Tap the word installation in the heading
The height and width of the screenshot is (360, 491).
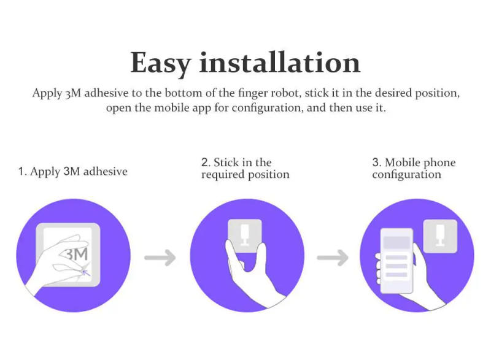click(280, 63)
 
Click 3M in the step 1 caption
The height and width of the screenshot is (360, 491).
click(71, 172)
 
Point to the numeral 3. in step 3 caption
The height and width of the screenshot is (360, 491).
click(377, 163)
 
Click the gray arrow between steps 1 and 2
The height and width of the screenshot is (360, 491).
click(160, 257)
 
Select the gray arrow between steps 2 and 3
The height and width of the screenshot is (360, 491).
click(332, 257)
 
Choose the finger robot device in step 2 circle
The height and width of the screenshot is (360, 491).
click(244, 235)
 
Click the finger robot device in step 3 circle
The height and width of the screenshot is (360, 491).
click(440, 236)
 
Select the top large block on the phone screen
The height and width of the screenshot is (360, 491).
click(396, 242)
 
